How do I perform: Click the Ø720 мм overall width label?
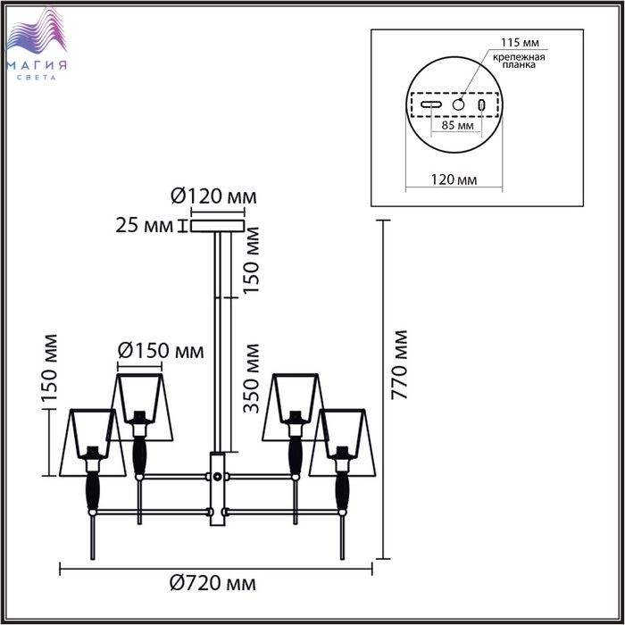coord(212,583)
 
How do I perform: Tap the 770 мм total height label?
coord(399,364)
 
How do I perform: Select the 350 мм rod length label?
coord(251,379)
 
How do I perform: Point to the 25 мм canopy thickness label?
coord(145,226)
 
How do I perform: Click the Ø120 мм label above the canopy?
coord(213,196)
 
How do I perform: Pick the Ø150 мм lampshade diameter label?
coord(161,351)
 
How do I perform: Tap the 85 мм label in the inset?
coord(457,125)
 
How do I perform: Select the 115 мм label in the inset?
coord(520,42)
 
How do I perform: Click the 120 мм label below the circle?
coord(454,179)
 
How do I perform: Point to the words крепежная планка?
coord(519,61)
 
